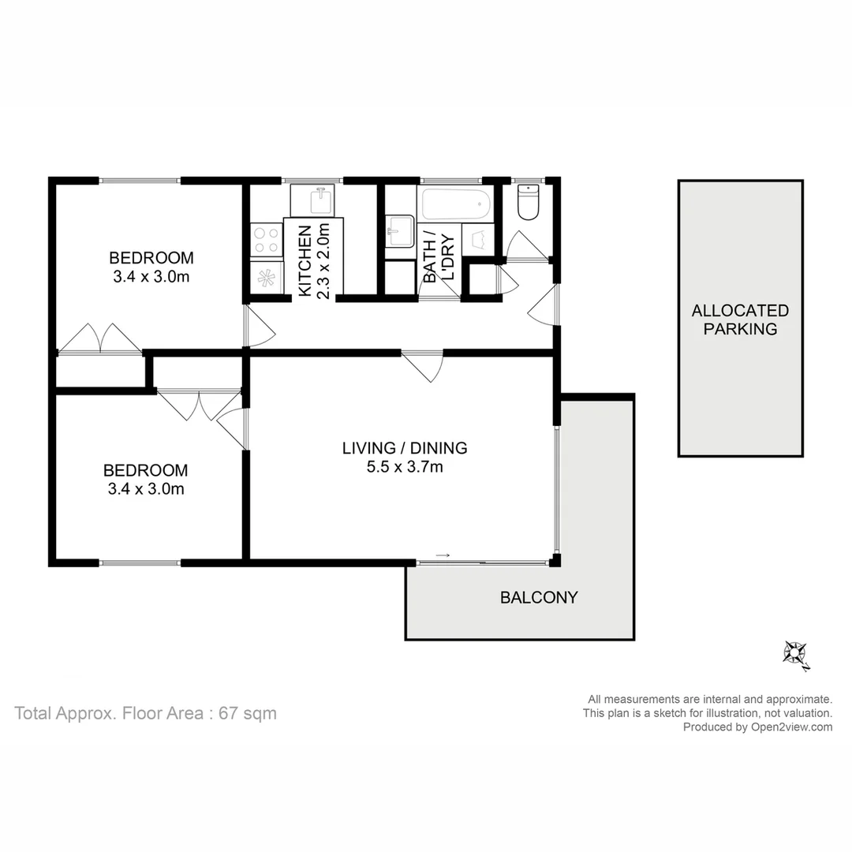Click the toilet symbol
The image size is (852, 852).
tap(527, 203)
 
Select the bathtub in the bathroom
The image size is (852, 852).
tap(456, 204)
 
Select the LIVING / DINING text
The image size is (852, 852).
tap(404, 448)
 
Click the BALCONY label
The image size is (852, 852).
tap(539, 597)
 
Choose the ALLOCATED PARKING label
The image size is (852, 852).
tap(740, 319)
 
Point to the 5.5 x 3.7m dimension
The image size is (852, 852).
tap(404, 467)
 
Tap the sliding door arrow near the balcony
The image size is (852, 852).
tap(443, 555)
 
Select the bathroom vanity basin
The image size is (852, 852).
tap(400, 230)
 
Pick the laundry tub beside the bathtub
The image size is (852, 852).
tap(478, 237)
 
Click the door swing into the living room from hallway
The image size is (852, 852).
tap(424, 366)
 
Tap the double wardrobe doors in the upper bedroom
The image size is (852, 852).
tap(100, 338)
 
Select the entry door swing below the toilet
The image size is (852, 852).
tap(543, 305)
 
